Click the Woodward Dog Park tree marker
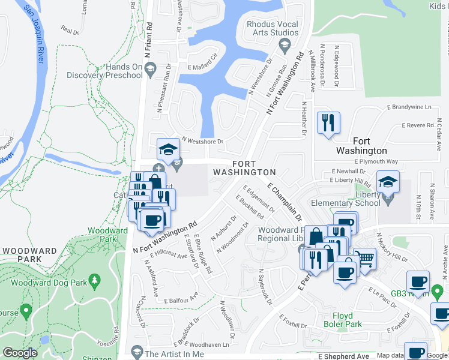(94, 280)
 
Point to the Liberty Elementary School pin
(388, 182)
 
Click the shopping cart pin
(364, 258)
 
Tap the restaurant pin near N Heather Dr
(328, 123)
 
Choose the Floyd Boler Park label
(348, 320)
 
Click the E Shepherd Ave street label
(345, 356)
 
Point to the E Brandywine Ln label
(410, 107)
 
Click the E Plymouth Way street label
(376, 161)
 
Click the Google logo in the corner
(20, 353)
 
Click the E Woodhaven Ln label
(208, 345)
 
